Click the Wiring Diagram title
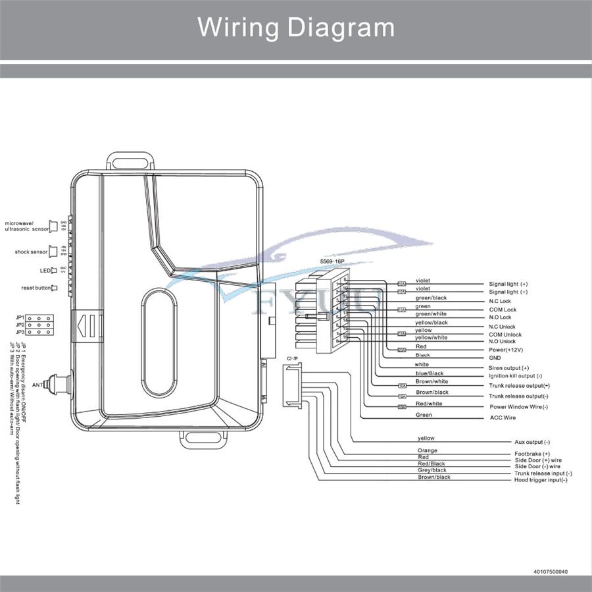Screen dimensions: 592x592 coord(296,28)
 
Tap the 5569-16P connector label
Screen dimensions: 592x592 coord(331,261)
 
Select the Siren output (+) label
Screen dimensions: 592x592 coord(508,367)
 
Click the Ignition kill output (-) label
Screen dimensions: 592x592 coord(516,376)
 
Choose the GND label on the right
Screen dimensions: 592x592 coord(495,358)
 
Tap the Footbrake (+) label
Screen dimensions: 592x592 coord(531,454)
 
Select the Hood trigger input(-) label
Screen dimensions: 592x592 coord(540,480)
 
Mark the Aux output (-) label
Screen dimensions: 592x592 coord(532,442)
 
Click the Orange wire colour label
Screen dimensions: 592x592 coord(427,450)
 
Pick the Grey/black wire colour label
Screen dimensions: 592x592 coord(432,470)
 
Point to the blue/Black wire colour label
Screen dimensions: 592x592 coord(429,373)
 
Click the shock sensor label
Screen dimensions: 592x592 coord(31,252)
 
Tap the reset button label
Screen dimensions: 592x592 coord(36,288)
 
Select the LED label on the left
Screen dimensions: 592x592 coord(45,271)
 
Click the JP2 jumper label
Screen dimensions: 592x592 coord(20,325)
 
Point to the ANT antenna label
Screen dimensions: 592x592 coord(37,385)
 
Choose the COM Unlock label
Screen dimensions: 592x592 coord(505,335)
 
